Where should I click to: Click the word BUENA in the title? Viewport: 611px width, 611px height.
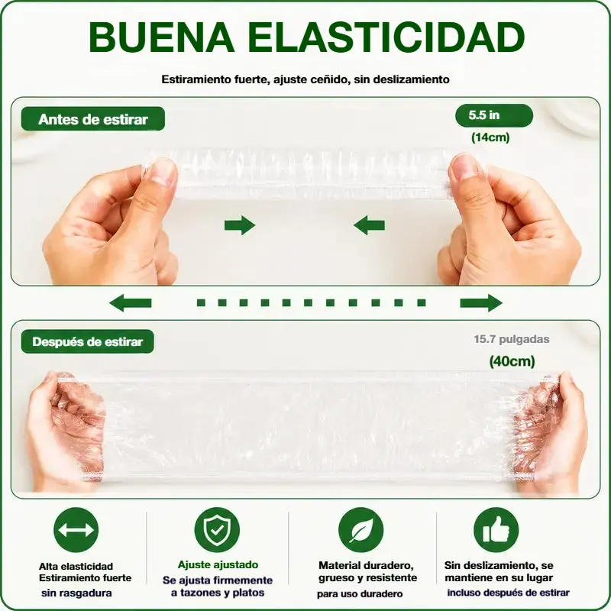click(161, 37)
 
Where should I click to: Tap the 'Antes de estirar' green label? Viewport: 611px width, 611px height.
click(93, 119)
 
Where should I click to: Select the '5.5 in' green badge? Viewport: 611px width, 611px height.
click(493, 115)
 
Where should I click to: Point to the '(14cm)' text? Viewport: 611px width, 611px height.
click(490, 137)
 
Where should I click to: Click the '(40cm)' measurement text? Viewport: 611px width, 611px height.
click(512, 361)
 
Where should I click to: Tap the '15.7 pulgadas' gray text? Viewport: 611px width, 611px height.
click(512, 339)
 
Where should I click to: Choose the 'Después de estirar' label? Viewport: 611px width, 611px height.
click(88, 341)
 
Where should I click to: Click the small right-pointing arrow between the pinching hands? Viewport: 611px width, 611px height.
click(240, 225)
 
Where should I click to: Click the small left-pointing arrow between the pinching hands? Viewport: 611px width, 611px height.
click(369, 225)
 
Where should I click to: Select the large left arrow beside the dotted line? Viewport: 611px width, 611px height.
click(130, 302)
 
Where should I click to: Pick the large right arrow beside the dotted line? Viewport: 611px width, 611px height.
click(481, 302)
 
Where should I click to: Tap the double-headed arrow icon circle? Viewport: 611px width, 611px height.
click(76, 530)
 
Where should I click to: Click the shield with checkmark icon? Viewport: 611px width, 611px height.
click(217, 530)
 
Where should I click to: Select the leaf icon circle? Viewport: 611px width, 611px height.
click(360, 530)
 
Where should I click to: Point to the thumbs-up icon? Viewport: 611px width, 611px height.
click(496, 530)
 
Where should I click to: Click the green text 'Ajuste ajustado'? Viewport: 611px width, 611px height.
click(218, 564)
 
